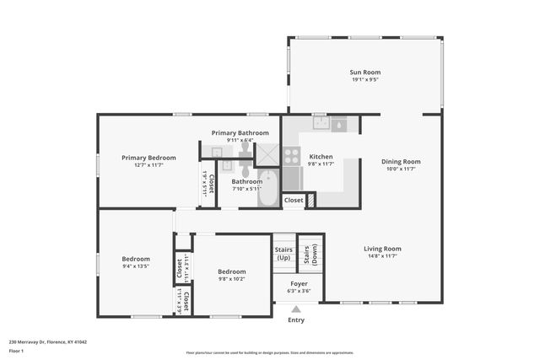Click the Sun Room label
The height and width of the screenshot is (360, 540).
[x=365, y=73]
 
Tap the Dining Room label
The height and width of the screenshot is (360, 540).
[x=401, y=161]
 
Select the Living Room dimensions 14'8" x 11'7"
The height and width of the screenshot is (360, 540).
[x=382, y=256]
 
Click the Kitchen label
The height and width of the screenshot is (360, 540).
[x=321, y=157]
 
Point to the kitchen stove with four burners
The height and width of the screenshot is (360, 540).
[x=291, y=156]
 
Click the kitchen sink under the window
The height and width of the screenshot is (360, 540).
[x=321, y=124]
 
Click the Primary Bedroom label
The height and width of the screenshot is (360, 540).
[x=148, y=158]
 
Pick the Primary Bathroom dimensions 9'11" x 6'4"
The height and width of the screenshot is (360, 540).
[x=240, y=140]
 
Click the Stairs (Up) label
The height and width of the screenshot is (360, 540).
[x=283, y=253]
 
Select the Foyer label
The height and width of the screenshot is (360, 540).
[x=299, y=283]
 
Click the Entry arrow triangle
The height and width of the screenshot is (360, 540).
[x=296, y=309]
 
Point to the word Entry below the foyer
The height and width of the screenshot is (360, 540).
[x=296, y=320]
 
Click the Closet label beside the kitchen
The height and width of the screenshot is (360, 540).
[x=293, y=200]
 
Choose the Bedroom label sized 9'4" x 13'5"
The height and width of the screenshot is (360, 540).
[x=136, y=259]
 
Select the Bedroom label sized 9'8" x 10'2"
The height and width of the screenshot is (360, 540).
[x=231, y=271]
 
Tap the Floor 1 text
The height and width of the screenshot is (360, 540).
[x=17, y=349]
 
